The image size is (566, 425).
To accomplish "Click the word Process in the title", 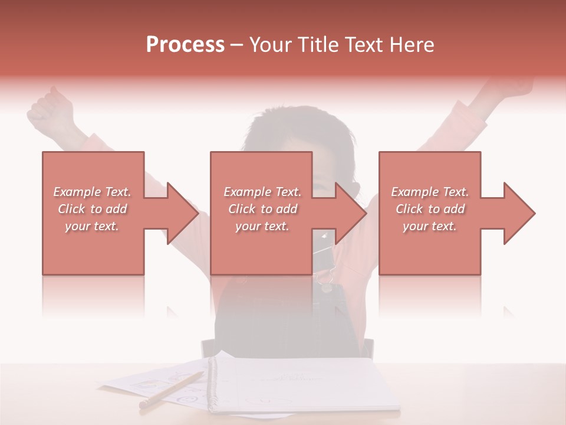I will point(185,45).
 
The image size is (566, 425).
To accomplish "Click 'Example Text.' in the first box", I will point(92,192).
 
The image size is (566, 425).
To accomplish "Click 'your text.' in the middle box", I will point(262,226).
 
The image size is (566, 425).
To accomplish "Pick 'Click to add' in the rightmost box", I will point(430,209).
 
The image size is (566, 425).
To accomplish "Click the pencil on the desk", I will point(171,390).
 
